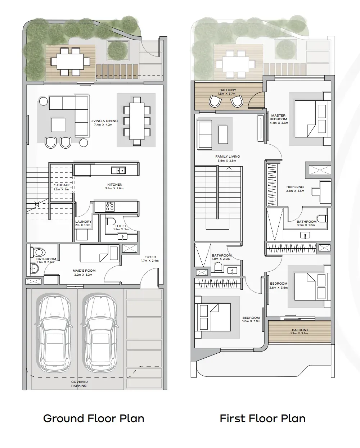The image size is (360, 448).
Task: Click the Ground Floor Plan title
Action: (94, 418)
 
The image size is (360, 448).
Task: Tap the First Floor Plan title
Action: (263, 418)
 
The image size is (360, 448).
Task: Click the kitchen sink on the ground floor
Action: (118, 171)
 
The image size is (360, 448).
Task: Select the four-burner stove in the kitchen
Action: (109, 207)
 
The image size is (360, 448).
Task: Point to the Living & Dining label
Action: (104, 121)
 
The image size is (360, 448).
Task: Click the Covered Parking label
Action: (79, 384)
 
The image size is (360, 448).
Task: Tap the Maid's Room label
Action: (84, 271)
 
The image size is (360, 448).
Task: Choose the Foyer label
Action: (150, 257)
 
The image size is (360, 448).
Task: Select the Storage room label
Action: (62, 185)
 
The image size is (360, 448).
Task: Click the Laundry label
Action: (83, 222)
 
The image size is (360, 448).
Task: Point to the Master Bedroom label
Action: (278, 117)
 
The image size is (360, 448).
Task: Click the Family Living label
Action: (228, 156)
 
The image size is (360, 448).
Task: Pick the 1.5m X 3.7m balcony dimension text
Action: (227, 94)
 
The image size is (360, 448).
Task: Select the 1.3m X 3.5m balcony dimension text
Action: (299, 333)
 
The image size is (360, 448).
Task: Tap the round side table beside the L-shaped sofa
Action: (44, 101)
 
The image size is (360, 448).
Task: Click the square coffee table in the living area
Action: (58, 125)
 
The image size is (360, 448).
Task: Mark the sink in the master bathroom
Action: (305, 235)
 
